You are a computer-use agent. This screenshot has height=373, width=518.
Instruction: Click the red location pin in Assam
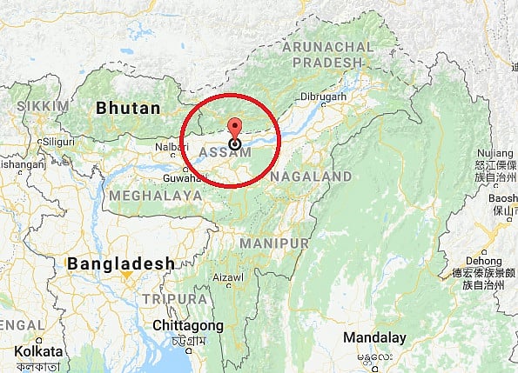point(234,129)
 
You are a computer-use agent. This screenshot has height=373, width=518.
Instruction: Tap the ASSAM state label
point(225,153)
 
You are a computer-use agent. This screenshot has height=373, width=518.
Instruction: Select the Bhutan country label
point(128,109)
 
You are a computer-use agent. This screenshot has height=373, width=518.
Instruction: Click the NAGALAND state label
point(311,177)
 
